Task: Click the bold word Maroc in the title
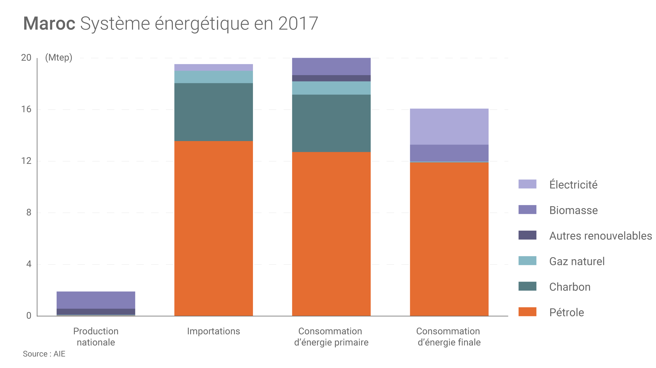tap(49, 24)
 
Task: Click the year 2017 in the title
tap(298, 24)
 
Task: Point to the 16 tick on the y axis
tap(26, 109)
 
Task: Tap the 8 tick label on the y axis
tap(29, 212)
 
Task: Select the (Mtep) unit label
tap(59, 58)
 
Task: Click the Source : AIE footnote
tap(44, 354)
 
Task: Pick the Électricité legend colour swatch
tap(527, 184)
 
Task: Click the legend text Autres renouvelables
tap(600, 236)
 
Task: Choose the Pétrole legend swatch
tap(527, 312)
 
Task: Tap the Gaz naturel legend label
tap(577, 261)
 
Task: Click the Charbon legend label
tap(570, 287)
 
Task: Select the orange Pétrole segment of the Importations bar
tap(214, 229)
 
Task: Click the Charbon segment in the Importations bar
tap(214, 112)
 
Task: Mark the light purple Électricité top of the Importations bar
tap(214, 67)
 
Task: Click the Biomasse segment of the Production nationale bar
tap(96, 300)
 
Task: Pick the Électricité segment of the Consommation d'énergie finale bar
tap(449, 127)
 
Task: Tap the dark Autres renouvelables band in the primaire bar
tap(331, 78)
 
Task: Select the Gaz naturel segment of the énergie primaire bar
tap(331, 88)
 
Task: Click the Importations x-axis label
tap(214, 331)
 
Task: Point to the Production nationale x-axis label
tap(96, 337)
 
